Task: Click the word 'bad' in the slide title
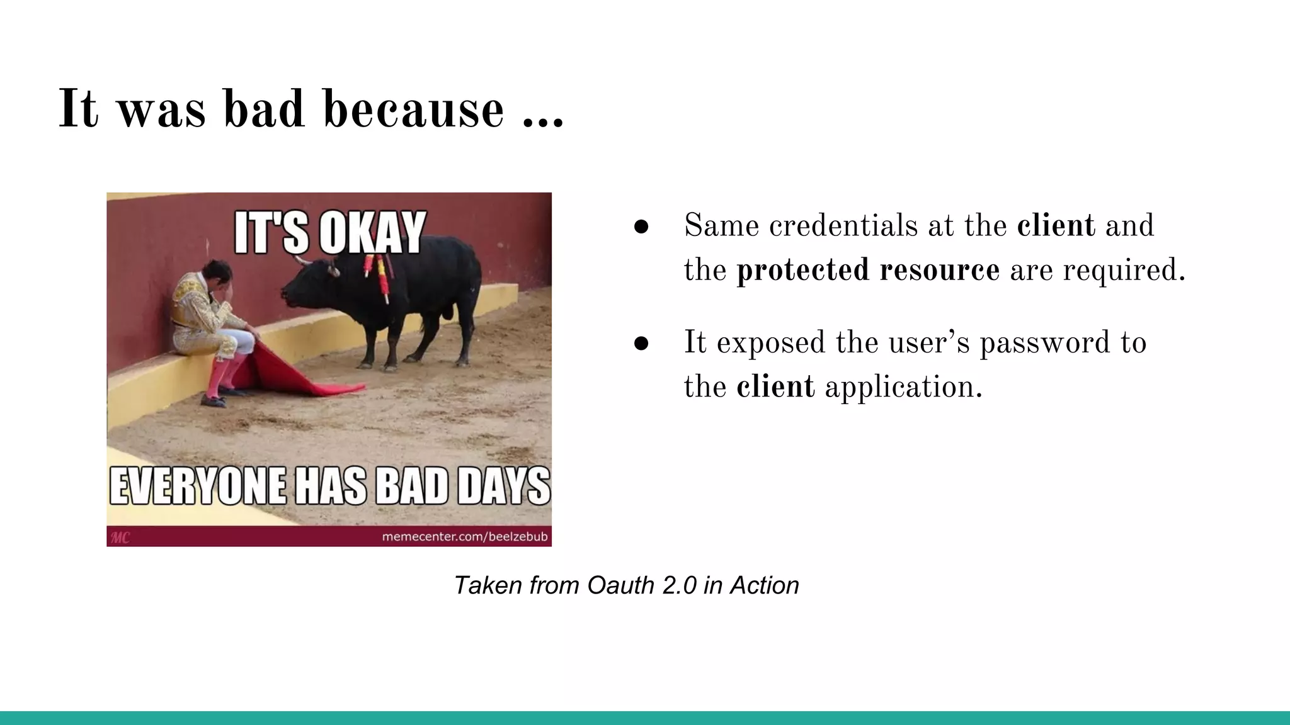[x=265, y=109]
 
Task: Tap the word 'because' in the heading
[x=414, y=109]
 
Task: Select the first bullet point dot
[x=641, y=227]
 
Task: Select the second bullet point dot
[x=641, y=344]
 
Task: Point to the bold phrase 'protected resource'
[x=867, y=270]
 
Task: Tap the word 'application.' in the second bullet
[x=903, y=387]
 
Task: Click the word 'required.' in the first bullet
[x=1124, y=270]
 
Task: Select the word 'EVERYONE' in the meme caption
[x=198, y=486]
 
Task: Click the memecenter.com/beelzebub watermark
[x=464, y=537]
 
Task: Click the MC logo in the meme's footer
[x=120, y=537]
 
